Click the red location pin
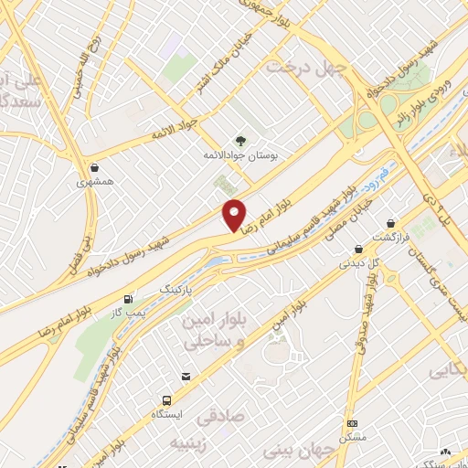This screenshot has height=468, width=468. point(234,216)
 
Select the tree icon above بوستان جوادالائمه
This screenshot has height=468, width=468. point(240,141)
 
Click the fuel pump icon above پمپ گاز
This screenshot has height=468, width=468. point(126,298)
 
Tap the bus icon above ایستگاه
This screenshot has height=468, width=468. point(166,400)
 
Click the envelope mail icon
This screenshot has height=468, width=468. point(186,377)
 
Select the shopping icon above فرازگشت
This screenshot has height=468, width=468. point(391,222)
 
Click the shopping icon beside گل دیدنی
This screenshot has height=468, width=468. point(358,250)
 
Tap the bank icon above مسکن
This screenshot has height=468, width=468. point(353,424)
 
